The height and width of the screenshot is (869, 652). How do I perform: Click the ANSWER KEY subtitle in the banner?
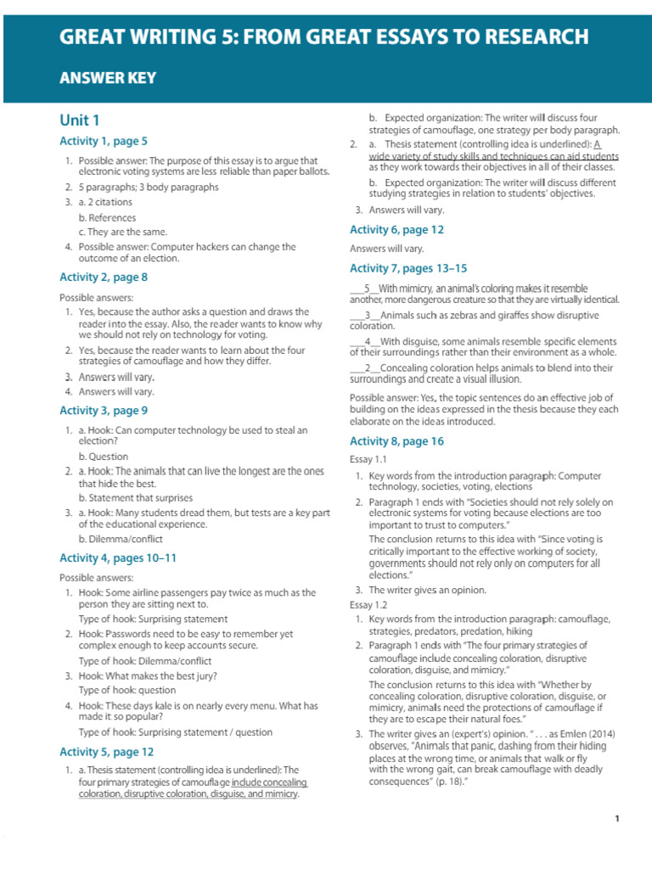point(107,78)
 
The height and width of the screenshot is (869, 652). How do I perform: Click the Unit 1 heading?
point(79,120)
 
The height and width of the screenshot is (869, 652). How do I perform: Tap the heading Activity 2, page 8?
point(104,277)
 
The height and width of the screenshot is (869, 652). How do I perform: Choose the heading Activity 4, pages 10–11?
point(118,558)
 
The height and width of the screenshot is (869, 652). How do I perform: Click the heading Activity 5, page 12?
point(107,751)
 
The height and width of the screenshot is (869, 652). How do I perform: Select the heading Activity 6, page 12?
point(396,229)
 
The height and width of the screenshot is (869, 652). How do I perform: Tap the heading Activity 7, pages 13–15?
point(408,268)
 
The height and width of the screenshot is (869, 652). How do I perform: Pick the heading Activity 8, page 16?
point(396,441)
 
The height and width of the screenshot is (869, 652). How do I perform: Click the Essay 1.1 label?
point(368,459)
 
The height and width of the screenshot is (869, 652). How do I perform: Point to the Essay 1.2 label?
point(368,605)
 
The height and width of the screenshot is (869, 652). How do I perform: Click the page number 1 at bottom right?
point(617,819)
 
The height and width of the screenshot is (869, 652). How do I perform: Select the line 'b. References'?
point(107,217)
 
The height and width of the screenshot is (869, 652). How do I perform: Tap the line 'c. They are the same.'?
point(123,232)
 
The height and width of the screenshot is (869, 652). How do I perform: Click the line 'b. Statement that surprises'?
point(136,497)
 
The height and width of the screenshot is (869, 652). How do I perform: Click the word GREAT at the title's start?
point(93,36)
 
